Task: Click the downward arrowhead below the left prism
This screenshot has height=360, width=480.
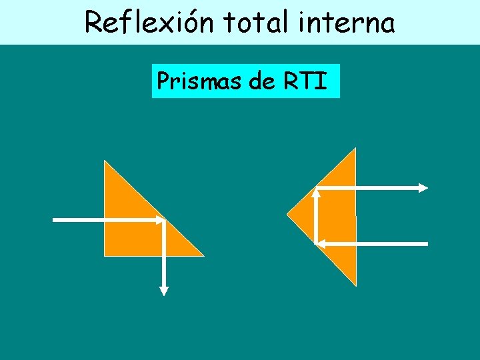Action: click(x=164, y=291)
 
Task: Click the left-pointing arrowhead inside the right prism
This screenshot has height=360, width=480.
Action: click(x=319, y=244)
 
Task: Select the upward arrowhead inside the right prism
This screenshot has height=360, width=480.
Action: click(x=316, y=193)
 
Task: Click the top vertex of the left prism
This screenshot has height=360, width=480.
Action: click(x=105, y=161)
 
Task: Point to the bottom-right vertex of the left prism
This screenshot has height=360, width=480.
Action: click(x=203, y=255)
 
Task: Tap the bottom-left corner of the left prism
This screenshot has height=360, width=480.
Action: click(x=105, y=255)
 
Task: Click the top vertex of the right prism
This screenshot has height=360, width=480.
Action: click(x=356, y=149)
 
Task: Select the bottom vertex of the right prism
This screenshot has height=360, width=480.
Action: click(x=356, y=285)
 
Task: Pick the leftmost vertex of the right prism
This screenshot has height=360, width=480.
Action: click(x=287, y=215)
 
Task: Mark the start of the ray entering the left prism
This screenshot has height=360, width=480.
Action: click(x=54, y=219)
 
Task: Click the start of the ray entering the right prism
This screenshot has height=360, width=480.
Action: click(x=427, y=244)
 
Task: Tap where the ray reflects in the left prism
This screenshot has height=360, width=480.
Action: click(x=164, y=219)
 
